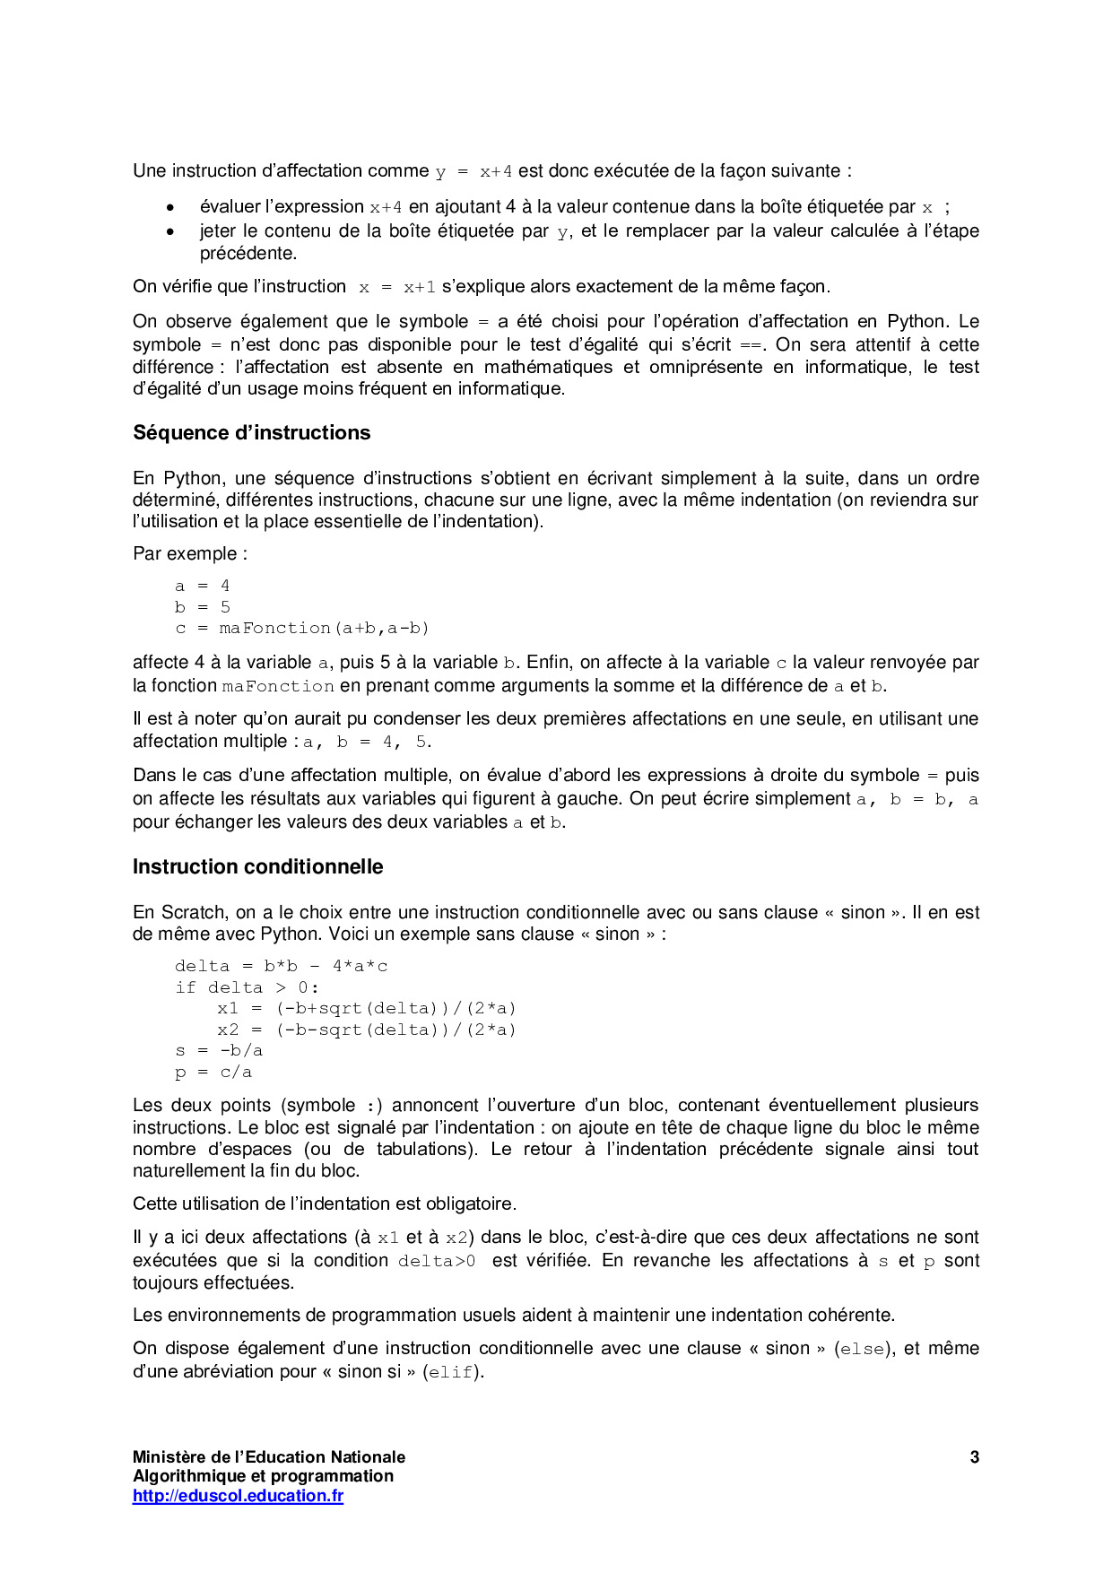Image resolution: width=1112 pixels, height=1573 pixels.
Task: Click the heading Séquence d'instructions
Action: pyautogui.click(x=251, y=433)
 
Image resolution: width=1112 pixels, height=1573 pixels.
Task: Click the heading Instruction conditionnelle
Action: pyautogui.click(x=257, y=867)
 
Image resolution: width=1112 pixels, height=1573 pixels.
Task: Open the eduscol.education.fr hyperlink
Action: pyautogui.click(x=238, y=1496)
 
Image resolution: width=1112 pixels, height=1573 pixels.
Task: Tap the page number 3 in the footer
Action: pyautogui.click(x=974, y=1457)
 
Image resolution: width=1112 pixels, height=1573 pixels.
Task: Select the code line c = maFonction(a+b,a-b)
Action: pyautogui.click(x=302, y=629)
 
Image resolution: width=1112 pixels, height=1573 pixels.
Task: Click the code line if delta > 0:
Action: pyautogui.click(x=247, y=988)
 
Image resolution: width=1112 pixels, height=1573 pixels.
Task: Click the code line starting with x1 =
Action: pyautogui.click(x=366, y=1009)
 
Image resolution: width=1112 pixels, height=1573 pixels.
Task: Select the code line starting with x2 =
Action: pyautogui.click(x=366, y=1030)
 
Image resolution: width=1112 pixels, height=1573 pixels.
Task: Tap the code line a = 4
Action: pyautogui.click(x=203, y=587)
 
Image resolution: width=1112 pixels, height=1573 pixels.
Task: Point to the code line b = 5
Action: pyautogui.click(x=203, y=608)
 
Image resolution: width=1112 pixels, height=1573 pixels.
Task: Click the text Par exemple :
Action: pyautogui.click(x=190, y=554)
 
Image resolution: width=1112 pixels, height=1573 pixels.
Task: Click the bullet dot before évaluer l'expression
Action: pyautogui.click(x=169, y=208)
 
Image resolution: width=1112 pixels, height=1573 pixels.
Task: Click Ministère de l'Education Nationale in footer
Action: pyautogui.click(x=268, y=1457)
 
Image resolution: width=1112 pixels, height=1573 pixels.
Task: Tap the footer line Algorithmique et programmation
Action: pyautogui.click(x=263, y=1476)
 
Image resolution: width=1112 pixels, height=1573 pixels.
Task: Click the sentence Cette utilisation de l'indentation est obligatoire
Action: pyautogui.click(x=324, y=1204)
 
